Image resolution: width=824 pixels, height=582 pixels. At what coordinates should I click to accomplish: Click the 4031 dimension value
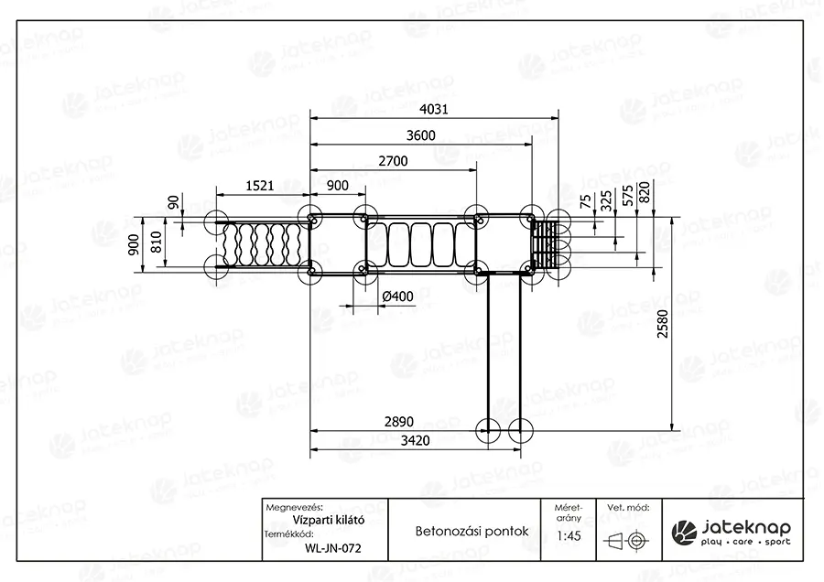tap(434, 109)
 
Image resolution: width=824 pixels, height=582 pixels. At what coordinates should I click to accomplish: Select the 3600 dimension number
tap(420, 135)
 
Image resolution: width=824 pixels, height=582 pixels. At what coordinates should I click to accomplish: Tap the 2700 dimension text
tap(393, 161)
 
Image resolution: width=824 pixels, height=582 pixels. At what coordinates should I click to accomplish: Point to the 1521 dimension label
tap(260, 186)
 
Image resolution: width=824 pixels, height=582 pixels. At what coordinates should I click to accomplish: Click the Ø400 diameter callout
tap(398, 296)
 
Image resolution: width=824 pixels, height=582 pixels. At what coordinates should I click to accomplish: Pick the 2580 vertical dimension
tap(663, 324)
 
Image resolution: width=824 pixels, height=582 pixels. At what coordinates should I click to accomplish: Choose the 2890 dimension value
tap(399, 421)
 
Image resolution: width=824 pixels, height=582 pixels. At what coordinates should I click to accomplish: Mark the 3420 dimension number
tap(415, 440)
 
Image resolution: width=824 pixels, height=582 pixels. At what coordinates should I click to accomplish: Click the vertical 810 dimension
tap(157, 242)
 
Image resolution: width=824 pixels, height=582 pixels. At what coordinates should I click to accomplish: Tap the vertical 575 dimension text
tap(627, 196)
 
